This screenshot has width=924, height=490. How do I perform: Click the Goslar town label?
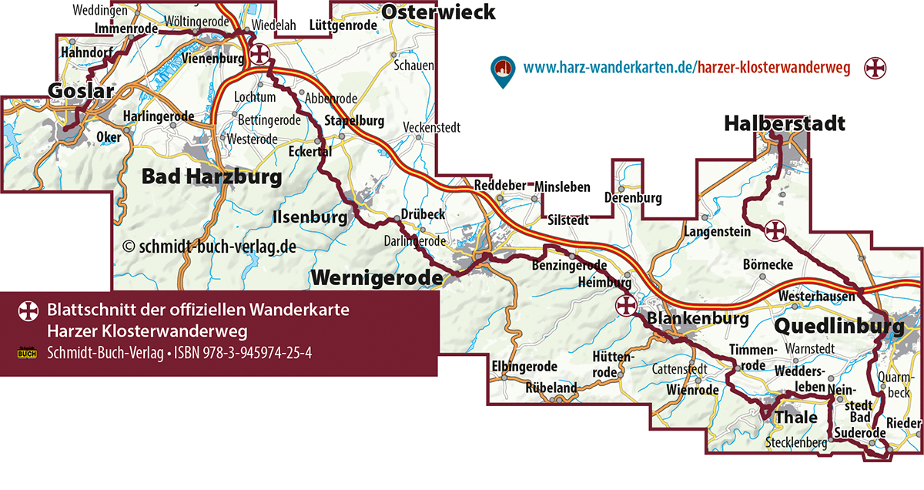tap(75, 91)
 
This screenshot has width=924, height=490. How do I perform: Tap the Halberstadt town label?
tap(784, 123)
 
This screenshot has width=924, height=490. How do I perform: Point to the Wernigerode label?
tap(377, 277)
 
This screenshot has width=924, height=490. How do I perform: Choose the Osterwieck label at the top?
tap(438, 12)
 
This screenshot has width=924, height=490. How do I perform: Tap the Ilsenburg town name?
tap(310, 218)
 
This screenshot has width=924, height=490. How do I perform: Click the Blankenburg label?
tap(698, 318)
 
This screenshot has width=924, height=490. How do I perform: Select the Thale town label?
tap(795, 417)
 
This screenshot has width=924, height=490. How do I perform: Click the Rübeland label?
tap(551, 388)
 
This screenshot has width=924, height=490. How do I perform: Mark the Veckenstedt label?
tap(432, 127)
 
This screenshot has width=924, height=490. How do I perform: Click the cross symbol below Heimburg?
tap(626, 306)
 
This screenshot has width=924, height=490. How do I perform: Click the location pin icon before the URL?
tap(503, 70)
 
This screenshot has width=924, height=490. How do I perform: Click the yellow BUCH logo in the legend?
tap(28, 354)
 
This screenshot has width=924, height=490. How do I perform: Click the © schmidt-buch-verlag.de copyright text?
tap(209, 247)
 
